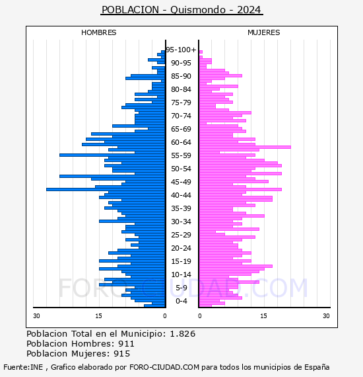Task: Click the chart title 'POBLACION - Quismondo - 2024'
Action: tap(181, 10)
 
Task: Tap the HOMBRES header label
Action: tap(98, 32)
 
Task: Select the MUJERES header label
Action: tap(264, 32)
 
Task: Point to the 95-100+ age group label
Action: tap(181, 50)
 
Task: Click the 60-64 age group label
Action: tap(181, 142)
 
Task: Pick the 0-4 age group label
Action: tap(181, 301)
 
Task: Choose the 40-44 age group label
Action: tap(181, 195)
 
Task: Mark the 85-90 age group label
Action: tap(181, 76)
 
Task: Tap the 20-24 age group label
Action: tap(181, 248)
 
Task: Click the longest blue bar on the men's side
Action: tap(106, 189)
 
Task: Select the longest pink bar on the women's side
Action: tap(245, 147)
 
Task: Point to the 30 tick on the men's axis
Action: tap(36, 316)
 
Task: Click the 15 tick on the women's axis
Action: tap(264, 316)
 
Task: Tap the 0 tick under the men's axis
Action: tap(165, 316)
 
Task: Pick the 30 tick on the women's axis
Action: tap(326, 316)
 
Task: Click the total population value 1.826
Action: tap(183, 334)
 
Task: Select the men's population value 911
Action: tap(126, 344)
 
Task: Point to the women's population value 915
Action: tap(122, 354)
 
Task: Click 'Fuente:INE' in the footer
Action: tap(23, 367)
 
